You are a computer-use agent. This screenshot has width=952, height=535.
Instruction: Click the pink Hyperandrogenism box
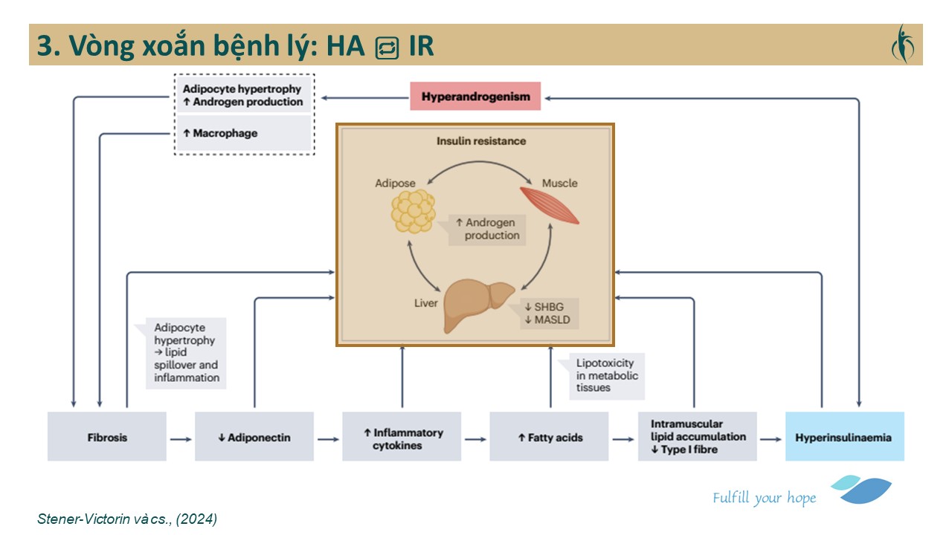click(475, 97)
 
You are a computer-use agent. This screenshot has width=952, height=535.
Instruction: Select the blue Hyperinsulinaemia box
click(845, 437)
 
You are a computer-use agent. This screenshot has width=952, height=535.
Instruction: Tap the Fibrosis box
click(107, 437)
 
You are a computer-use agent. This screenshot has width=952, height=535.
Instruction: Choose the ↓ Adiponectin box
click(254, 437)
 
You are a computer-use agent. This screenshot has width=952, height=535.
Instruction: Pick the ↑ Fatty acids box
click(549, 437)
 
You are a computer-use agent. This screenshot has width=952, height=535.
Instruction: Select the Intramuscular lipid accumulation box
click(697, 437)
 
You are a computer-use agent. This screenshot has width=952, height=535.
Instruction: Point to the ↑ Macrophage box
click(244, 134)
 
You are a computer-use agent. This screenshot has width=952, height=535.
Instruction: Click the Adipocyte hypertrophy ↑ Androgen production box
click(244, 95)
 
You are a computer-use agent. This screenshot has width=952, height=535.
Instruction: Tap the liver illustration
click(477, 304)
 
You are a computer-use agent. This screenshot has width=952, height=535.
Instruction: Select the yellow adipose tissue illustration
click(413, 211)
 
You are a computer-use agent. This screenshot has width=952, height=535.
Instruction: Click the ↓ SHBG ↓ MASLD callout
click(551, 314)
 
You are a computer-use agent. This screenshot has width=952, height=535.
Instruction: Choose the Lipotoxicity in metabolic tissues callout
click(606, 375)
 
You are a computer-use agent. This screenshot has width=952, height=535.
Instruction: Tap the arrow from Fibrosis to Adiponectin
click(181, 438)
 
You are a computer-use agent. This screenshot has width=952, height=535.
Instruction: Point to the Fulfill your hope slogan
click(764, 498)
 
